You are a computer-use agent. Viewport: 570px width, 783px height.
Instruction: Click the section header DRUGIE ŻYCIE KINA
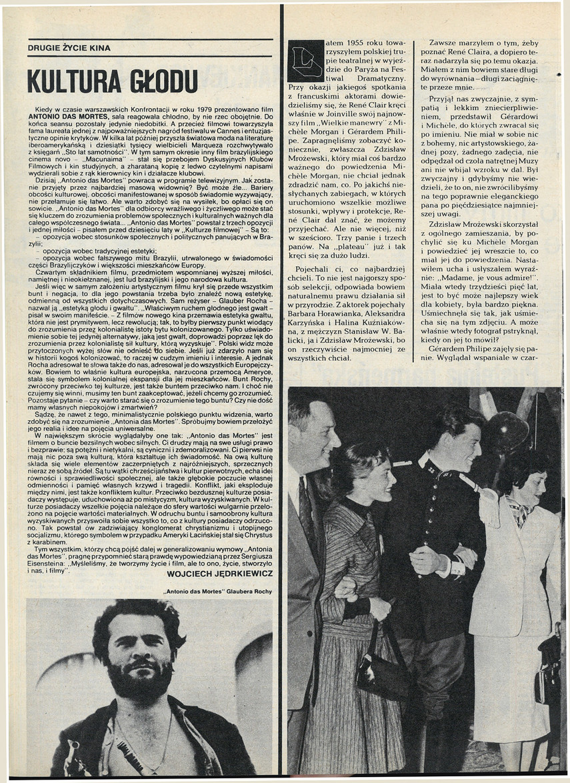pyautogui.click(x=69, y=48)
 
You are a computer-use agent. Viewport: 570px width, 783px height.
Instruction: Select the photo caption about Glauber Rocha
pyautogui.click(x=217, y=591)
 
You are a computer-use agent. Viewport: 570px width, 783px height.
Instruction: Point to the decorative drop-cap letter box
pyautogui.click(x=306, y=61)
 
